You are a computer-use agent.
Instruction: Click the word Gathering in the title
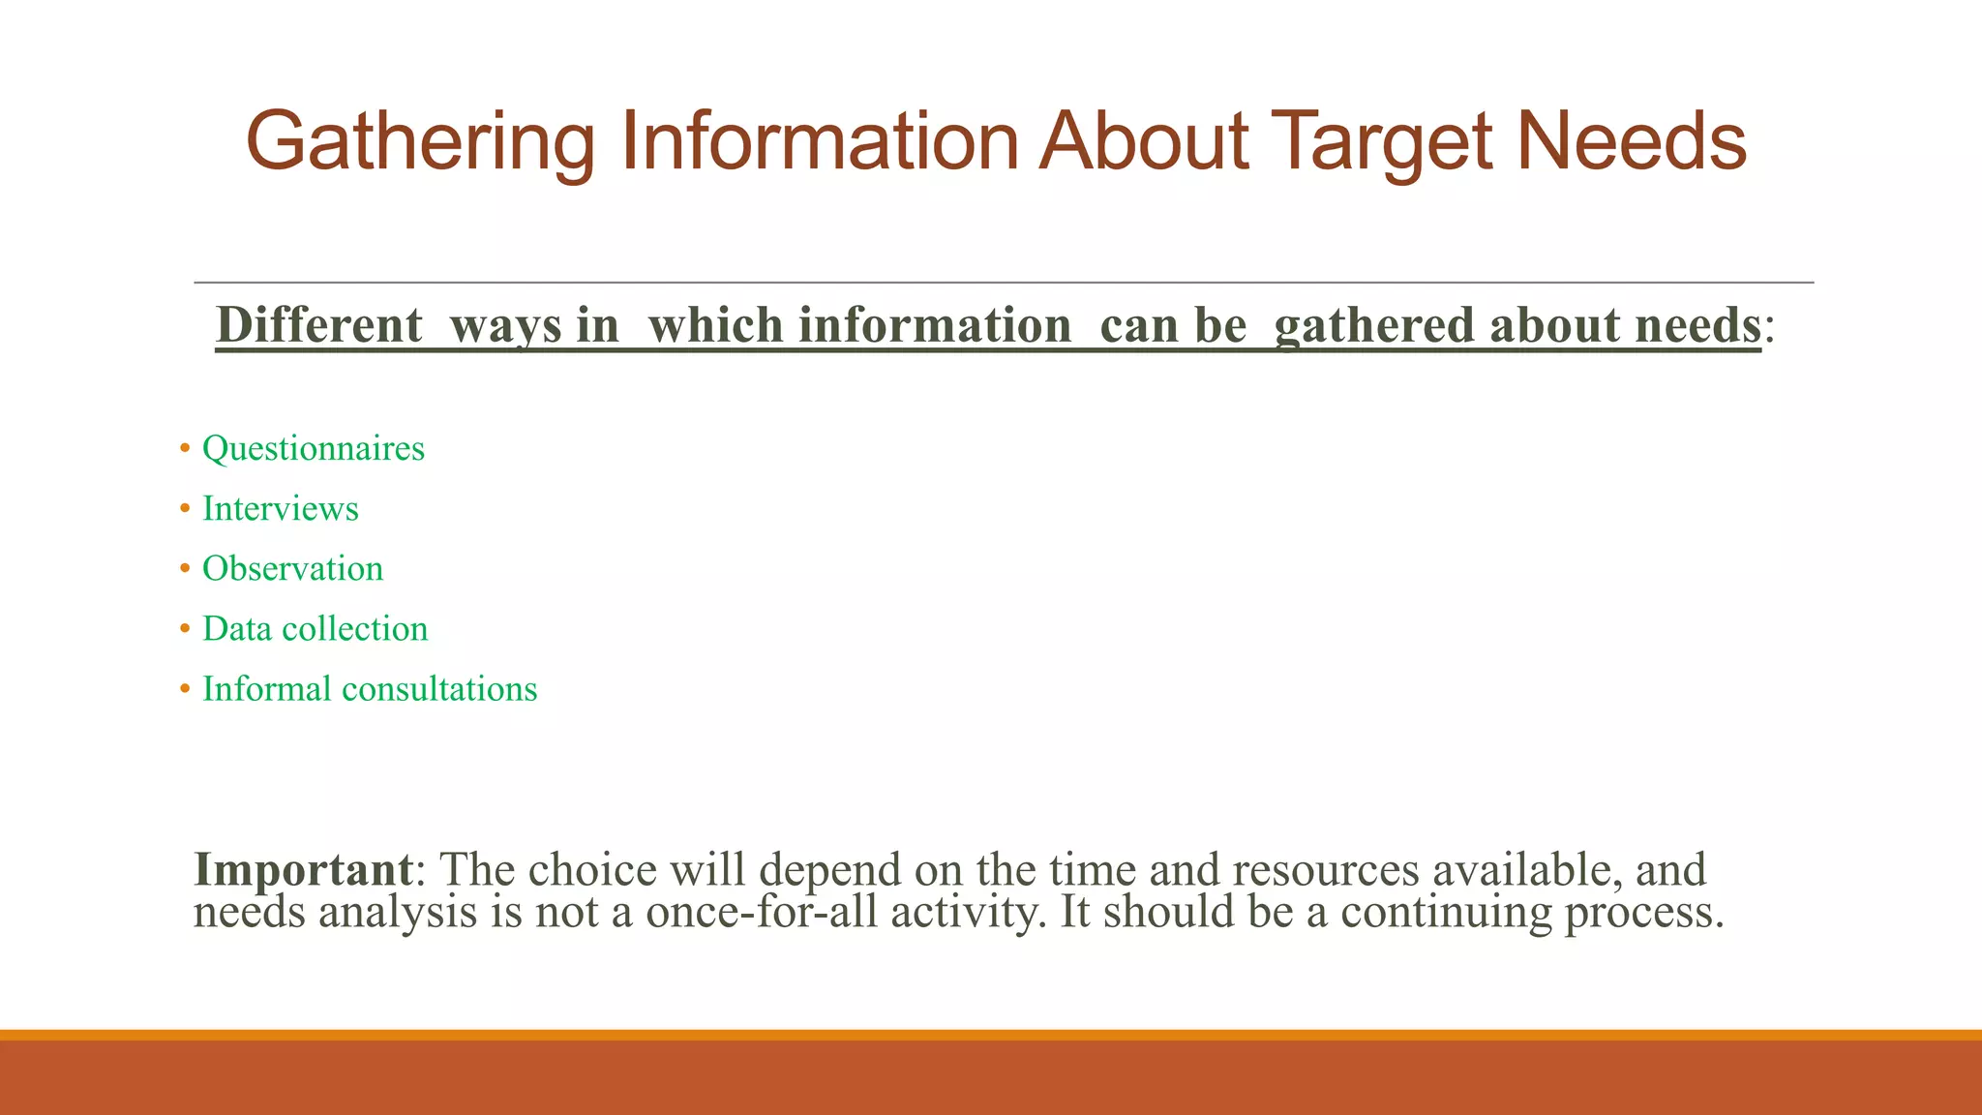tap(420, 142)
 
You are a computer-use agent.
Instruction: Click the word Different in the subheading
tap(319, 325)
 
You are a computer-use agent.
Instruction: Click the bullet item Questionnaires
tap(313, 449)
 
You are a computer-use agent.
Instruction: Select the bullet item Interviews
tap(280, 509)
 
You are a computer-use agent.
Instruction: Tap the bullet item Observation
tap(292, 569)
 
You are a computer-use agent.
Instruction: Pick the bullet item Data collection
tap(315, 629)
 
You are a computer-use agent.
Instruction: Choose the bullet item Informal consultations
tap(369, 689)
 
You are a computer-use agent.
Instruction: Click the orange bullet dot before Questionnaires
tap(185, 450)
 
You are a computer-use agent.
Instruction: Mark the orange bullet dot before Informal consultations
tap(185, 690)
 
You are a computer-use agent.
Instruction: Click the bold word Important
tap(304, 869)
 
